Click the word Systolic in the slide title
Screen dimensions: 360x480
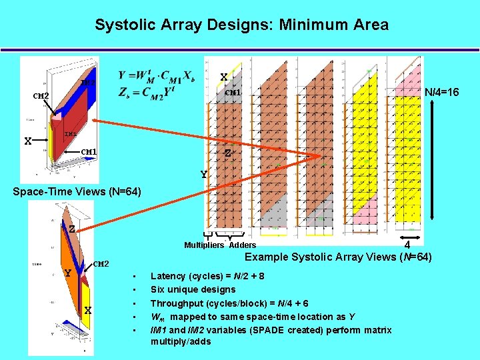(123, 25)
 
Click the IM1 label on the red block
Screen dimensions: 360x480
(70, 135)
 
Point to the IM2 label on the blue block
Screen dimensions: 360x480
(87, 83)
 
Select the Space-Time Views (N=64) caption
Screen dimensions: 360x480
(77, 192)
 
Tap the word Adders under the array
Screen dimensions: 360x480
(242, 246)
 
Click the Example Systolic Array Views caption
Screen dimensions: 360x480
(338, 257)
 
